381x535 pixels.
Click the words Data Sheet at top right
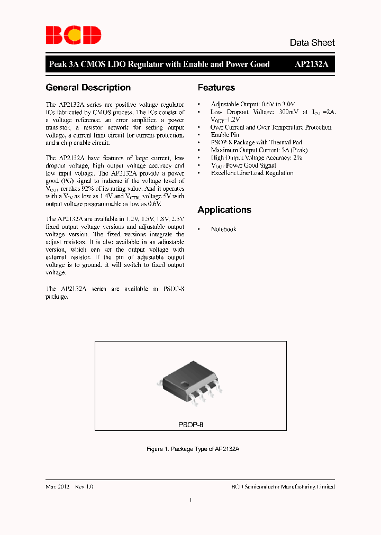tap(312, 43)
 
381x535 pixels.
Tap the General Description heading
tap(88, 88)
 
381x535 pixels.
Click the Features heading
tap(216, 88)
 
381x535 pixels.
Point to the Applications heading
tap(224, 210)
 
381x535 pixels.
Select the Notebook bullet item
tap(223, 229)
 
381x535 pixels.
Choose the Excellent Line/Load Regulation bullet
tap(252, 173)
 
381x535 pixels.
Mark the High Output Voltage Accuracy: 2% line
tap(256, 158)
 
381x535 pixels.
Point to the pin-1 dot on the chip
tap(184, 383)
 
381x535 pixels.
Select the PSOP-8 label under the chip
tap(190, 425)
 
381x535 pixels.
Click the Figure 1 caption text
tap(193, 449)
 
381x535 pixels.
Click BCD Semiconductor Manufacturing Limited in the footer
tap(283, 486)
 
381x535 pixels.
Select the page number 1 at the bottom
tap(190, 500)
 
